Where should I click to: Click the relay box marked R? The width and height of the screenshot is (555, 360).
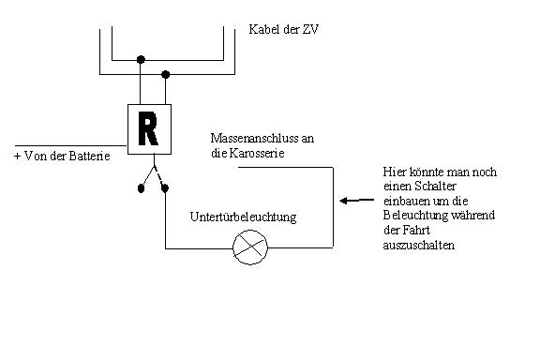[x=147, y=128]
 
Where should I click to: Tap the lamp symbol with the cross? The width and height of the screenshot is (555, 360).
[x=249, y=247]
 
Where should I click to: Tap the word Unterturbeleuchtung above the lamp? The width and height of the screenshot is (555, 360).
[x=243, y=217]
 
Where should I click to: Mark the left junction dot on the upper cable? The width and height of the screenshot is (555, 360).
[x=141, y=58]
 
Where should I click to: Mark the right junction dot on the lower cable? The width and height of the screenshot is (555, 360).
[x=166, y=74]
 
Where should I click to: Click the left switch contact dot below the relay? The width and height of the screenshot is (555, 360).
[x=141, y=188]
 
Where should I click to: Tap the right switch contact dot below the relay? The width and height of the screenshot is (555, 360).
[x=166, y=188]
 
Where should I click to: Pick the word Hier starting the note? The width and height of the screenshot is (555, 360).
[x=395, y=172]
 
